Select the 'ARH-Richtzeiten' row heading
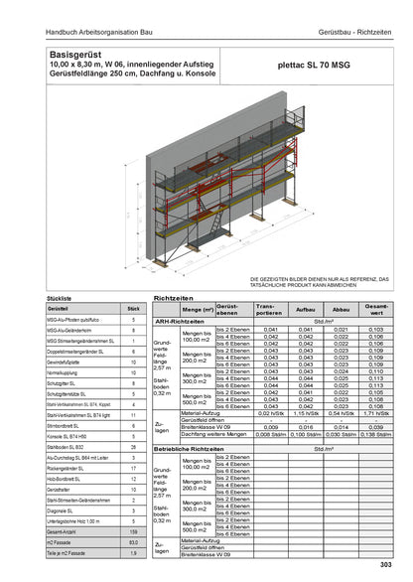(x=181, y=321)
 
